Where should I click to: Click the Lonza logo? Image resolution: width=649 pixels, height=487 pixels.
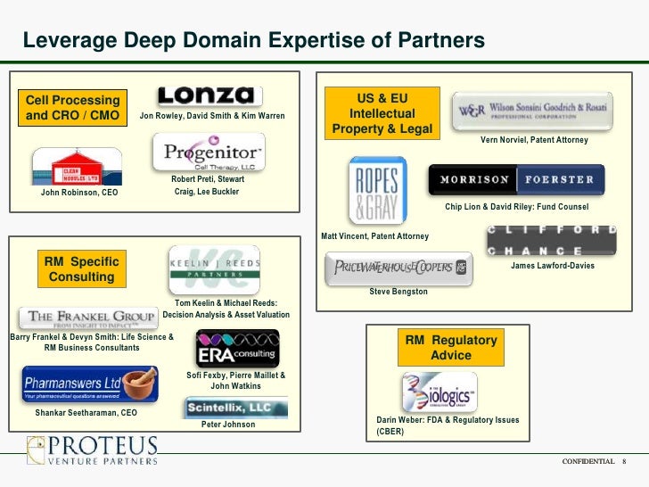click(209, 95)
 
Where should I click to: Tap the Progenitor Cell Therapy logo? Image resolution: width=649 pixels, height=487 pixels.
click(209, 153)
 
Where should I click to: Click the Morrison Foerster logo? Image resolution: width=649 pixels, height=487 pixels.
click(516, 180)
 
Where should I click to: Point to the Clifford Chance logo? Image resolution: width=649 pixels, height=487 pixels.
click(551, 240)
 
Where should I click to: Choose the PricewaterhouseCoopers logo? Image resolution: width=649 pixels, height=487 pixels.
click(396, 268)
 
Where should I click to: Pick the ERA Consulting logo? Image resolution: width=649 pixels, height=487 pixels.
click(237, 349)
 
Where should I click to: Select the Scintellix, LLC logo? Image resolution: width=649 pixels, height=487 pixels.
click(235, 409)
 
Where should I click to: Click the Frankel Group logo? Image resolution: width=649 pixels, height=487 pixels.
click(87, 318)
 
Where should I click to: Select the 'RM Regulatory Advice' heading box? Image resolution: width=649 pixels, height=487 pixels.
click(451, 348)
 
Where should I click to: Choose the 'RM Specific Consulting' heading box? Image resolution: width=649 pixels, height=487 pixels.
click(81, 269)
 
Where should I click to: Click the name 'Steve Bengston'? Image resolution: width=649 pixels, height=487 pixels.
click(398, 292)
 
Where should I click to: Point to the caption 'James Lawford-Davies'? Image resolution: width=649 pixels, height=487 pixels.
click(552, 266)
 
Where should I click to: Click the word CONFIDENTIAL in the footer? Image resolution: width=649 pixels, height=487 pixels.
click(587, 461)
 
